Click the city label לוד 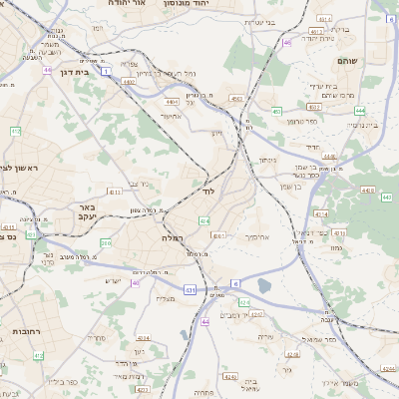[208, 190]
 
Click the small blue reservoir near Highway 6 [263, 286]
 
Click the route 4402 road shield [130, 81]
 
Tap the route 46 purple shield [288, 42]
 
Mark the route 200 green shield [106, 242]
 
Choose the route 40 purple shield [135, 283]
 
